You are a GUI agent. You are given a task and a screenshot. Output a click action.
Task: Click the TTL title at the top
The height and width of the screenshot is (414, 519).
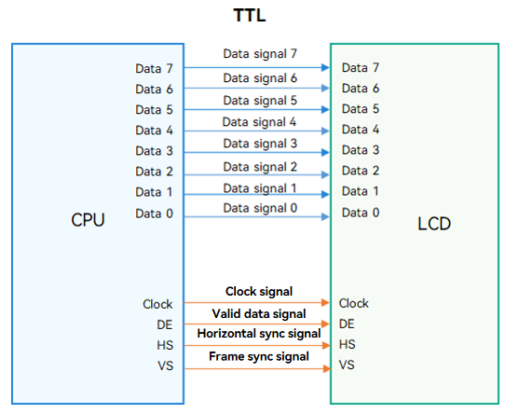(x=250, y=15)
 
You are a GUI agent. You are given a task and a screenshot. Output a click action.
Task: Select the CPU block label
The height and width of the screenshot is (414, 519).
(x=88, y=219)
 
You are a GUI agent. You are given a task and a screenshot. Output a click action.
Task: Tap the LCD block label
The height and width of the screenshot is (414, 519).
(x=434, y=224)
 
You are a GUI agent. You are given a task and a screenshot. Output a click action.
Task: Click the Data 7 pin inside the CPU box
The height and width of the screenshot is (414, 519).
(x=154, y=69)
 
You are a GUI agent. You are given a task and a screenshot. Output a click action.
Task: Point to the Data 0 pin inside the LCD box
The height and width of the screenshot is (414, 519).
(x=361, y=213)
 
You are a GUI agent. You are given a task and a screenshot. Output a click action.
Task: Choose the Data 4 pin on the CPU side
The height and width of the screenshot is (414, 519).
(x=154, y=131)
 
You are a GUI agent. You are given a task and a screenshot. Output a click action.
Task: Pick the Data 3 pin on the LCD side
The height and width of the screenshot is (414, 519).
(x=361, y=150)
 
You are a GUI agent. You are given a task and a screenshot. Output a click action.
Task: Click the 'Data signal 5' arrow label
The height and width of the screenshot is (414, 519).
(x=260, y=101)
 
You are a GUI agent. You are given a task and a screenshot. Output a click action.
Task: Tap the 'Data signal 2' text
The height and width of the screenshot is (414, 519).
(x=260, y=167)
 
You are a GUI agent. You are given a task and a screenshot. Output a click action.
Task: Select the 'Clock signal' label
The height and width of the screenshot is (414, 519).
(x=259, y=292)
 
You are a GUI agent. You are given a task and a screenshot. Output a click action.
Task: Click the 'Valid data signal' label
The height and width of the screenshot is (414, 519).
(x=259, y=313)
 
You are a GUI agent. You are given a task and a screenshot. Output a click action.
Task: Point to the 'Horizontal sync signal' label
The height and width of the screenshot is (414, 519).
(x=259, y=334)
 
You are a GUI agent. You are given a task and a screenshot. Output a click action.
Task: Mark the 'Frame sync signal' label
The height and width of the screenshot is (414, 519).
(x=259, y=356)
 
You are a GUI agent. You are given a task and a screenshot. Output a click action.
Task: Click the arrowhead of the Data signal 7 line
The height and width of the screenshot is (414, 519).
(x=325, y=67)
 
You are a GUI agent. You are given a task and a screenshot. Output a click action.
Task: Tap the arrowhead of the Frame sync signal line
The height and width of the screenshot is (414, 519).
(x=327, y=368)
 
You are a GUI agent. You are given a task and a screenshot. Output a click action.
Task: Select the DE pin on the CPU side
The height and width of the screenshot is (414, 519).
(x=165, y=324)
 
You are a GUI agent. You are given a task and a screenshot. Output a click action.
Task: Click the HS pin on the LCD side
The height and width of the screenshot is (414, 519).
(x=347, y=344)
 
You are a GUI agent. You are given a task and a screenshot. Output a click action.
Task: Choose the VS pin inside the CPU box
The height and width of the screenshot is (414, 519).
(x=165, y=366)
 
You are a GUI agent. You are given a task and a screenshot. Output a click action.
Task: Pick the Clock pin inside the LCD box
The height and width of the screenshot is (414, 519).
(x=353, y=303)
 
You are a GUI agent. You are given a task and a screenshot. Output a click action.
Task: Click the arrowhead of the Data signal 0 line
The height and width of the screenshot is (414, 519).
(x=325, y=217)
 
